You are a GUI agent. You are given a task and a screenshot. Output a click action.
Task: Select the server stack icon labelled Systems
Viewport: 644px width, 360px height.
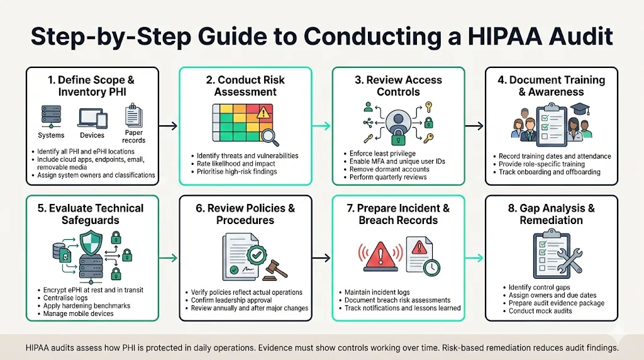[x=51, y=116]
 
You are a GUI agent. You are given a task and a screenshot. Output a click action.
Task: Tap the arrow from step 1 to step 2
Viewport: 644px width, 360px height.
[x=167, y=127]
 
